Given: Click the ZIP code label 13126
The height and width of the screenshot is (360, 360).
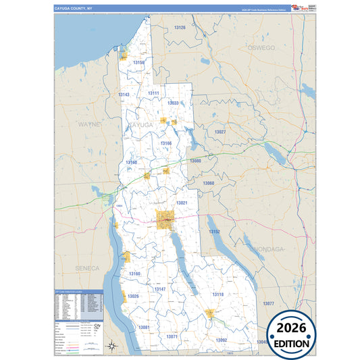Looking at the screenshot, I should (179, 28).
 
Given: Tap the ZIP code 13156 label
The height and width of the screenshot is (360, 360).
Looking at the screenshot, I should (139, 62).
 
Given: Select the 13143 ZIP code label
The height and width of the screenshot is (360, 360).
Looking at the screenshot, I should (123, 95).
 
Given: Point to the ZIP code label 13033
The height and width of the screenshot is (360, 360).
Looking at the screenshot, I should (172, 103).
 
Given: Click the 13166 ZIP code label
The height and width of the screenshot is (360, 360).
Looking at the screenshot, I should (166, 143).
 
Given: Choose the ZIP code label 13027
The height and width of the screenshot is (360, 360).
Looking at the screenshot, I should (220, 132).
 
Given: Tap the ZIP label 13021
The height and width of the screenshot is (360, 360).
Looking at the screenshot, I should (182, 203).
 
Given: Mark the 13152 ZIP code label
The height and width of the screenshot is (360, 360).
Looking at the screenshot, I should (214, 232).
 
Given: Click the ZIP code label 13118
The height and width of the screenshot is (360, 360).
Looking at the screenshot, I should (217, 295).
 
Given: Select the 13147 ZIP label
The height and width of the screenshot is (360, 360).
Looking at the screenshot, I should (159, 289).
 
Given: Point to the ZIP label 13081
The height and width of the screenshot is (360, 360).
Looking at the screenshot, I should (144, 327).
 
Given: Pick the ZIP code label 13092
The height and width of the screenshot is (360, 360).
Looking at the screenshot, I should (222, 340).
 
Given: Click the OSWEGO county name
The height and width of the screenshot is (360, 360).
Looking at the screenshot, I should (261, 49).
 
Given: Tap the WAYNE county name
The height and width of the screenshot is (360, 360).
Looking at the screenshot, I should (88, 125).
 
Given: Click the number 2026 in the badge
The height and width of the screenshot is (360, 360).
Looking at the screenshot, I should (292, 328).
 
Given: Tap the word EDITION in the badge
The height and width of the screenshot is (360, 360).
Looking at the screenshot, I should (292, 343).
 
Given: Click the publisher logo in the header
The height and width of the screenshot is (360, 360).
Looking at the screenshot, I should (298, 7).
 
